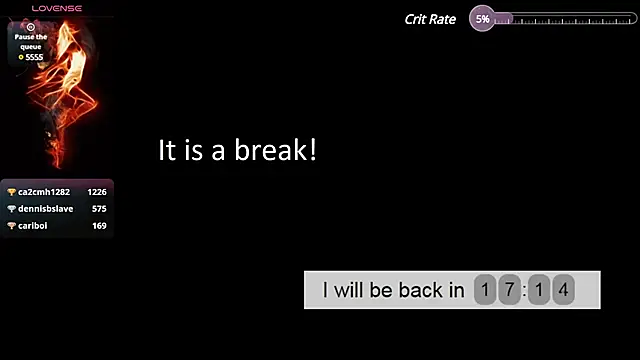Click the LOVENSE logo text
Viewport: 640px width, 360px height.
(57, 8)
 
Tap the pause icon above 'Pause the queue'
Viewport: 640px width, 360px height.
(31, 27)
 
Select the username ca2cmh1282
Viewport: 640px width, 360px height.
(44, 192)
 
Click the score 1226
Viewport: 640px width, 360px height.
(97, 192)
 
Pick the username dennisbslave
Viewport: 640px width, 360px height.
(46, 209)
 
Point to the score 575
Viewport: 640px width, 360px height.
(99, 209)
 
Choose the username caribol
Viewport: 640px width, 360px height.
(33, 226)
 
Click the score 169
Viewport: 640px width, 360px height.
(99, 226)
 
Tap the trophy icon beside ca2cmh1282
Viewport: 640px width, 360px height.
(12, 192)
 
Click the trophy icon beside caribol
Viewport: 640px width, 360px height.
(12, 226)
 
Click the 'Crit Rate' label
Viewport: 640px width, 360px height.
(430, 19)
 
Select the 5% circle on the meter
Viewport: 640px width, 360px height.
(482, 19)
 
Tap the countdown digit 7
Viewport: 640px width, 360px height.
(509, 291)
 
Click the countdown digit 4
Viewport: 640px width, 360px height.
(564, 291)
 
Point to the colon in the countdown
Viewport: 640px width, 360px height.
(524, 291)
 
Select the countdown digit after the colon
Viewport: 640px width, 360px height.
(539, 291)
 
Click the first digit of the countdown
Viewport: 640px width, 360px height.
(485, 291)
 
